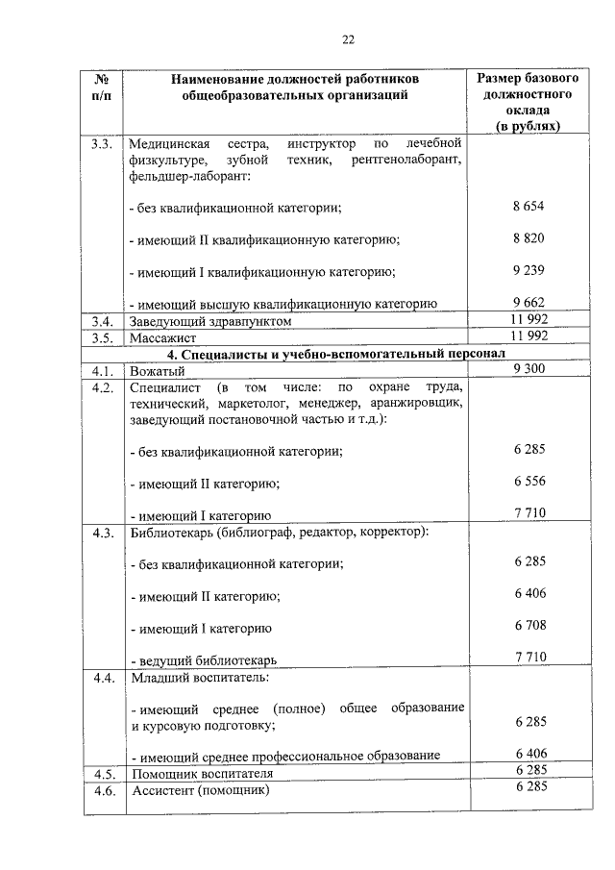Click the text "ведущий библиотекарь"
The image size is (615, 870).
point(207,660)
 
